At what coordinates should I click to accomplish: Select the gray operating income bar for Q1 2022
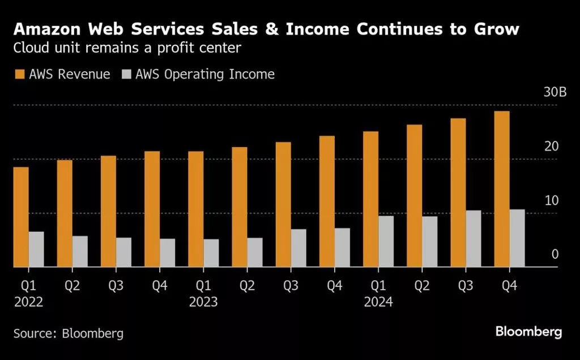coord(36,249)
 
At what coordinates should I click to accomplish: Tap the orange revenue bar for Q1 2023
coord(195,209)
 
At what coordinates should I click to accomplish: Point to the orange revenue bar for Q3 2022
coord(108,211)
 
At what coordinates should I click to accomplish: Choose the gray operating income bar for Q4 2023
coord(342,247)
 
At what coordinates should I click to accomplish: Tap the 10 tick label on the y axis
coord(551,200)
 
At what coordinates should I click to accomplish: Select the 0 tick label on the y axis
coord(555,254)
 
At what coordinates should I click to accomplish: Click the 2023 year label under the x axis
coord(203,302)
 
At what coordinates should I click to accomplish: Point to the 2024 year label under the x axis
coord(378,302)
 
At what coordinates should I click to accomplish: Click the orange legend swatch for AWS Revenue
coord(19,74)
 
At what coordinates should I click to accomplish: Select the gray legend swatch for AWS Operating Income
coord(126,74)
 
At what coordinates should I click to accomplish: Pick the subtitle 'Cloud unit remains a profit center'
coord(127,49)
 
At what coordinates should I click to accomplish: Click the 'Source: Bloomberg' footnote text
coord(68,333)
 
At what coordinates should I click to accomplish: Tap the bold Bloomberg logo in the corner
coord(528,332)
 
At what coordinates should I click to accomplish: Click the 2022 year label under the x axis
coord(28,302)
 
